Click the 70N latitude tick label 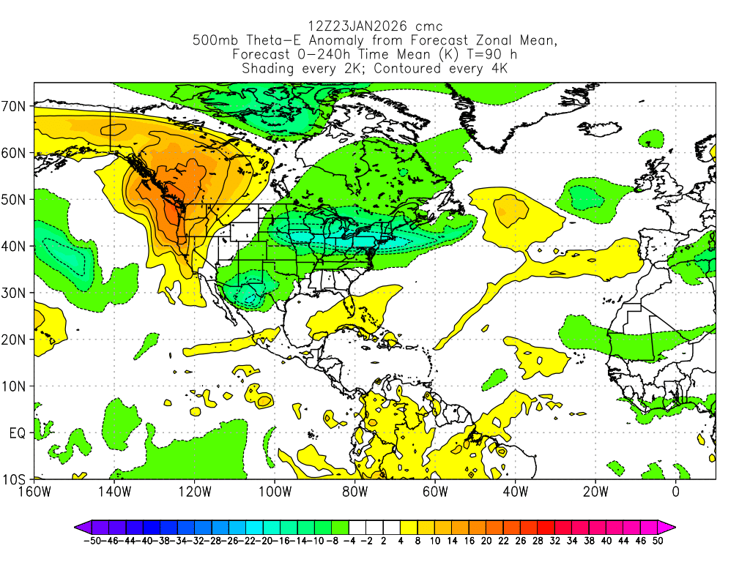click(15, 106)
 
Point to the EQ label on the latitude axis click(18, 433)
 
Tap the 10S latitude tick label click(15, 480)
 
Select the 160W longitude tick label click(34, 491)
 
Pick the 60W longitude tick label click(435, 491)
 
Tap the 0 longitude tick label click(676, 491)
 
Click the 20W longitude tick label click(595, 491)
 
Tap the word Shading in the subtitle click(270, 69)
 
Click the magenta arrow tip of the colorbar click(670, 526)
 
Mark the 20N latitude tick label click(15, 340)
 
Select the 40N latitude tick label click(15, 247)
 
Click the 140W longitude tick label click(114, 491)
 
